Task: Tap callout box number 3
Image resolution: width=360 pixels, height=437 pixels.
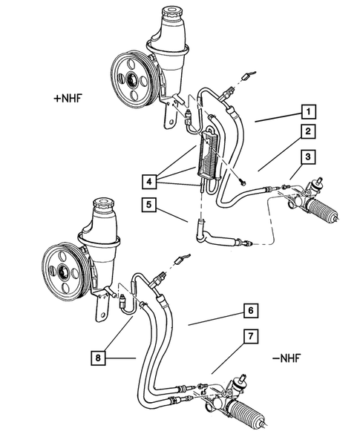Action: click(x=305, y=157)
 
